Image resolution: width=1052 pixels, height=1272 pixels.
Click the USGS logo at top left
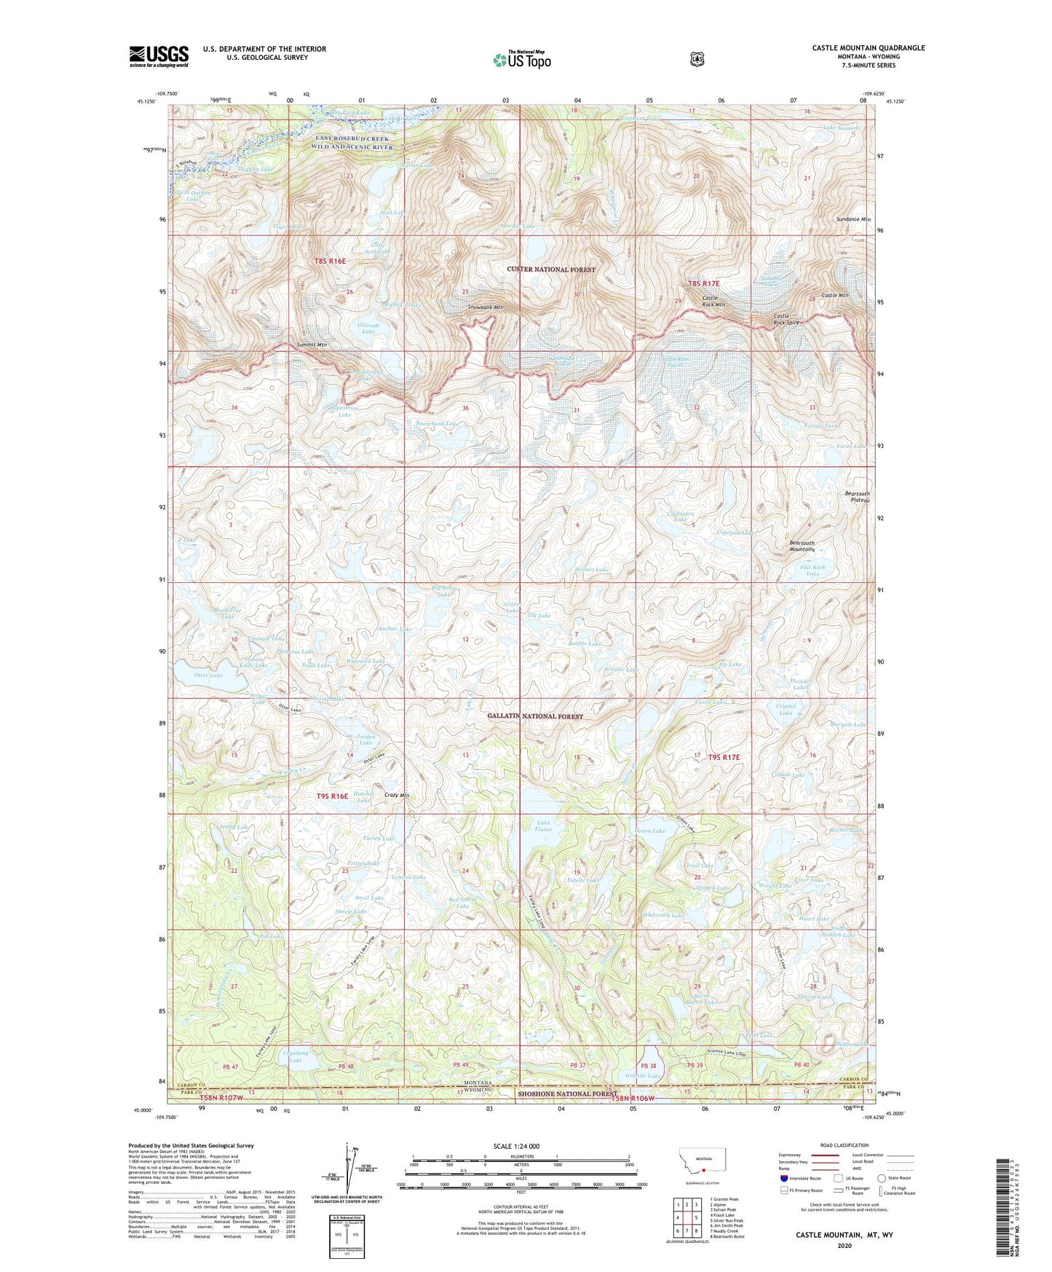pos(159,55)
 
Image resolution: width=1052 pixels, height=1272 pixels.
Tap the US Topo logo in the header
pos(521,60)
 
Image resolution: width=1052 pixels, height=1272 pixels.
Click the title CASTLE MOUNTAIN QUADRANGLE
pos(868,48)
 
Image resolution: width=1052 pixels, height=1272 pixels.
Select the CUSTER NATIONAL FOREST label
pos(551,270)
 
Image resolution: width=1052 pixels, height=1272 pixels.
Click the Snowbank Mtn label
pos(485,307)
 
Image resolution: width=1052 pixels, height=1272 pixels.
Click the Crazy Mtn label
pos(396,796)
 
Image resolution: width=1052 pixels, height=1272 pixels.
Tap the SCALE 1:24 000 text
pos(521,1146)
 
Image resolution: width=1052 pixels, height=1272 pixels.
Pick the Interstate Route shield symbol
pos(783,1177)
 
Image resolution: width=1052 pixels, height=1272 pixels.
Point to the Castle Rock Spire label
pos(786,319)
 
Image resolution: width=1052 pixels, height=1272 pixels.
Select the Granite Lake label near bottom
pos(643,1076)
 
